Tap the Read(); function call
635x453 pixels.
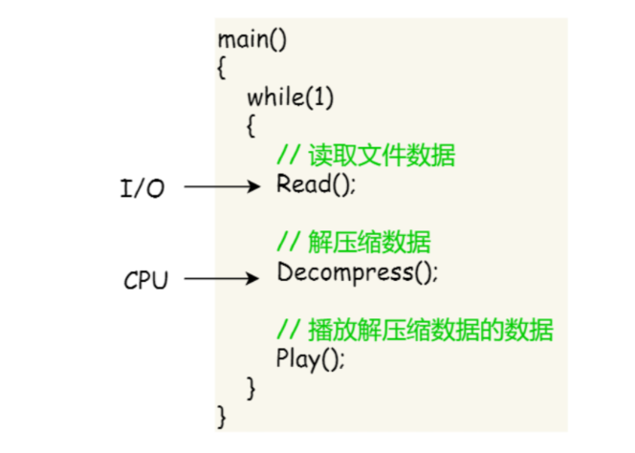(x=316, y=183)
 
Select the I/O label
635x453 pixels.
(x=142, y=188)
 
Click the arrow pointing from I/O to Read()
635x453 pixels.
(x=222, y=187)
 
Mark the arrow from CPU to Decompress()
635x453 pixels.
(x=222, y=279)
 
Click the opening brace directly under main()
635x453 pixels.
(x=222, y=69)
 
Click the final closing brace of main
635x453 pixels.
(x=222, y=417)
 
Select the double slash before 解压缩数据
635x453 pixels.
(x=287, y=243)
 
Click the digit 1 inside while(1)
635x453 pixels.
(x=323, y=97)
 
